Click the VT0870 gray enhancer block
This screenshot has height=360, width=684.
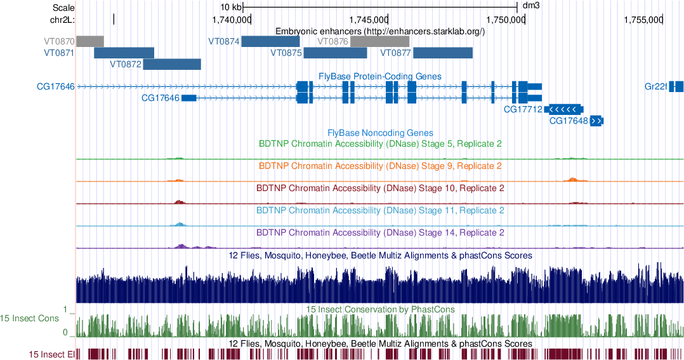coord(89,41)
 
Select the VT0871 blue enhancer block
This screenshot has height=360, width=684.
coord(124,53)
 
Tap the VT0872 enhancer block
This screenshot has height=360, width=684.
coord(172,64)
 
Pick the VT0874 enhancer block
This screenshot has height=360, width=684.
coord(270,41)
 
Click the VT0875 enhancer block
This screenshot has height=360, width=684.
coord(335,53)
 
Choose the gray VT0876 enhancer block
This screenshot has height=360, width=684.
coord(380,41)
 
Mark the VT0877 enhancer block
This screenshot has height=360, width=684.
coord(443,53)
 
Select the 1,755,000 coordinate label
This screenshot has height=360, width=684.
coord(643,20)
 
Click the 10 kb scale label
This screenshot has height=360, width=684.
coord(231,7)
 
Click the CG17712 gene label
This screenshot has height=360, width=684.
coord(523,109)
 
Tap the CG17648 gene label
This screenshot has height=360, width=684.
coord(569,121)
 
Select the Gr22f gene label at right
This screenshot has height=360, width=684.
coord(655,87)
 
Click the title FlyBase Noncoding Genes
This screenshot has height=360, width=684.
coord(380,133)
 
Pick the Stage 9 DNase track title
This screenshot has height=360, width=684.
coord(380,166)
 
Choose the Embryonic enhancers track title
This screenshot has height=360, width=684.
coord(380,31)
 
